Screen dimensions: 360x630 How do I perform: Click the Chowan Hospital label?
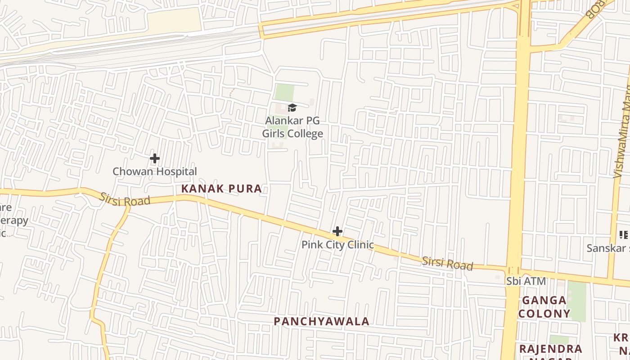(154, 171)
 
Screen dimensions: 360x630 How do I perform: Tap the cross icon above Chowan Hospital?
(155, 158)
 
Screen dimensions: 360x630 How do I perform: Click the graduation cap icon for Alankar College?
(292, 108)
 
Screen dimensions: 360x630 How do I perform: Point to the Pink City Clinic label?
(337, 245)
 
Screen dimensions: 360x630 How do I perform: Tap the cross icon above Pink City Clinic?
(337, 232)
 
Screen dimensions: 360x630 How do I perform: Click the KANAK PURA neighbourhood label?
(221, 189)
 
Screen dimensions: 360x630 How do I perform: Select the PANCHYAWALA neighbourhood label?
(322, 321)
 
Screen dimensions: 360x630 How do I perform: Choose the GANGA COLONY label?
(544, 307)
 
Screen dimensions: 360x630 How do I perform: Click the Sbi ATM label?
(526, 281)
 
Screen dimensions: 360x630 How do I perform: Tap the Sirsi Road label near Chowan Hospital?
(125, 200)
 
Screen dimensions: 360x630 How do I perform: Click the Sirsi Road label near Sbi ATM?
(447, 264)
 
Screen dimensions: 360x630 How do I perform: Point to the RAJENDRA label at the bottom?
(551, 349)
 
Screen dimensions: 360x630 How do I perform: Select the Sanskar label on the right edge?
(607, 248)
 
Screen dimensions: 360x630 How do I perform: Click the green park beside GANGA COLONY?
(577, 301)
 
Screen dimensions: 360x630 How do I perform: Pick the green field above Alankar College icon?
(284, 93)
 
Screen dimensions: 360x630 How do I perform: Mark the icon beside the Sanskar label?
(623, 234)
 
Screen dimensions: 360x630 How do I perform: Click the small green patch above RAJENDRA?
(558, 339)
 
